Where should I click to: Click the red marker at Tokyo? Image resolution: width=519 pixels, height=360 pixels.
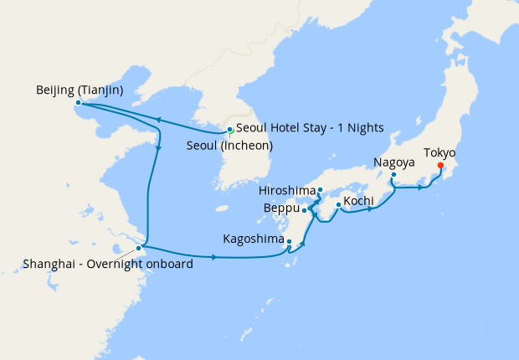tap(440, 165)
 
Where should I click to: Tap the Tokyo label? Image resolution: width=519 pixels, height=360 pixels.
tap(439, 152)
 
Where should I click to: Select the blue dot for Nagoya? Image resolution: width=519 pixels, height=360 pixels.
tap(393, 175)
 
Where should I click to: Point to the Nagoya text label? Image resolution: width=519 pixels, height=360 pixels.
tap(393, 162)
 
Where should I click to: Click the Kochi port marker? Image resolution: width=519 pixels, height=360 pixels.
tap(337, 205)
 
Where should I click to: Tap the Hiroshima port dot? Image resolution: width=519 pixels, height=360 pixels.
tap(321, 190)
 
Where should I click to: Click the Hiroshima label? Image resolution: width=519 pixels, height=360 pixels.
tap(285, 190)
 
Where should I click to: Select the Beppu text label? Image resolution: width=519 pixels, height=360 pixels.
tap(282, 208)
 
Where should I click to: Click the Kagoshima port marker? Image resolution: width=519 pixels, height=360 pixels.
tap(289, 243)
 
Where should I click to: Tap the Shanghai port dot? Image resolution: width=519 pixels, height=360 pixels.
tap(138, 249)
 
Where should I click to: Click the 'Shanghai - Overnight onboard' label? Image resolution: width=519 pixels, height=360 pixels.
tap(109, 265)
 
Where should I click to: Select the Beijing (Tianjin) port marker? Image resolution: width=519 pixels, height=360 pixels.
tap(78, 103)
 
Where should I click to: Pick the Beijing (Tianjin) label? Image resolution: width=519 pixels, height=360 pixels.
tap(80, 90)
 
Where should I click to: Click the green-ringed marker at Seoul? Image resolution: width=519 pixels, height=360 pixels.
tap(229, 130)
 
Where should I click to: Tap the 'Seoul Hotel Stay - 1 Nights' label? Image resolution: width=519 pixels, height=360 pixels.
tap(310, 128)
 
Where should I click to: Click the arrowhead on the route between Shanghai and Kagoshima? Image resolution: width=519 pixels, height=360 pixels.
tap(215, 256)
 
